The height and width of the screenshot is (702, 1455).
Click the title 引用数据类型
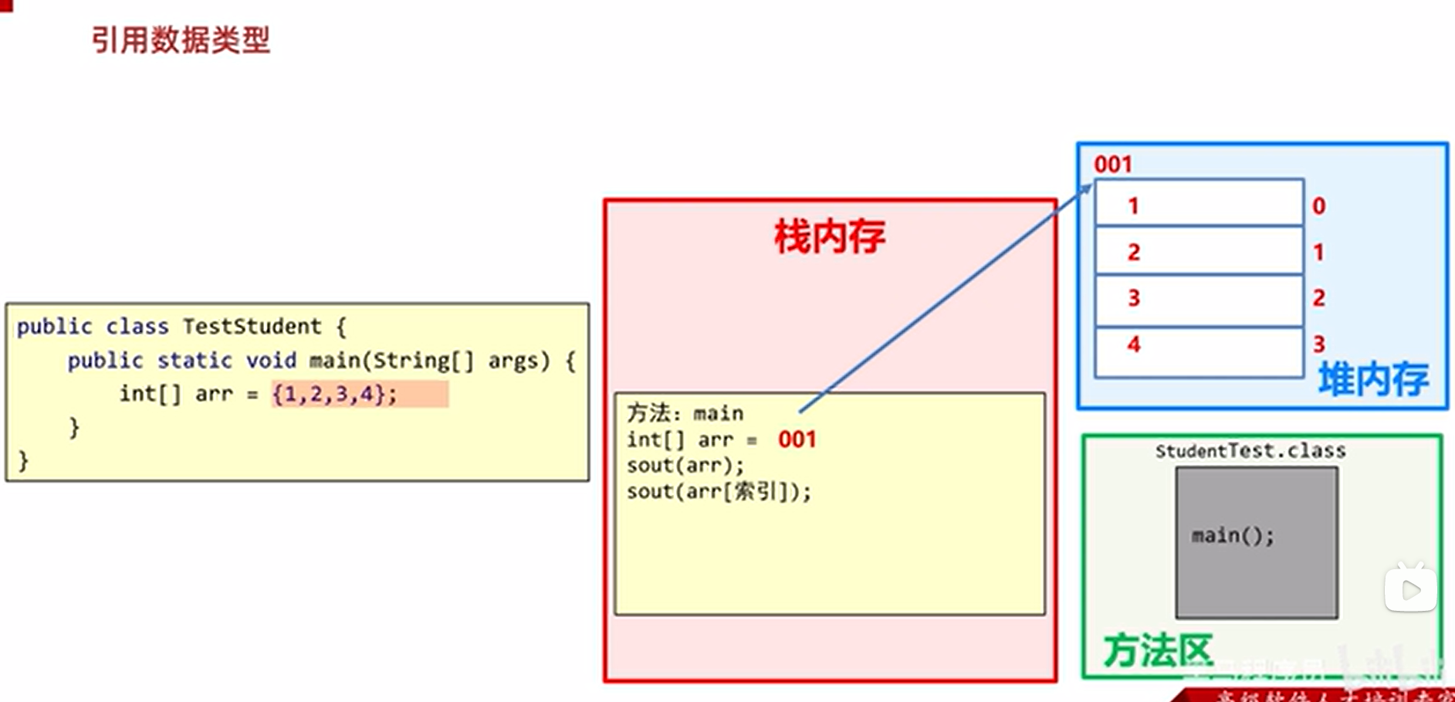click(181, 40)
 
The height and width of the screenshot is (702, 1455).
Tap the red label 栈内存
click(830, 236)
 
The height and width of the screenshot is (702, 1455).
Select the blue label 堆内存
click(1373, 379)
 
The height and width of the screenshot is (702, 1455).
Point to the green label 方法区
click(1158, 650)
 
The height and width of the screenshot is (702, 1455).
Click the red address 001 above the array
click(1113, 164)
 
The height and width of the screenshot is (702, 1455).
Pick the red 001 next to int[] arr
click(797, 439)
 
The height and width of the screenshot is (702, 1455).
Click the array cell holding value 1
click(1199, 205)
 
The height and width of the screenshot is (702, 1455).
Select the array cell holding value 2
click(1199, 252)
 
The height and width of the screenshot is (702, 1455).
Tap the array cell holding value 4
click(1199, 345)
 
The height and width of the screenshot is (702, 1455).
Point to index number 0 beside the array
click(1319, 206)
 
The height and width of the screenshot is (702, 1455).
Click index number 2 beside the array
click(1319, 298)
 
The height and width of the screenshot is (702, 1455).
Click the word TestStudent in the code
click(252, 327)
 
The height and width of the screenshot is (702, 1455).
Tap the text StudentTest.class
click(1250, 451)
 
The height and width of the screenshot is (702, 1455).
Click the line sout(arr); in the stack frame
click(685, 466)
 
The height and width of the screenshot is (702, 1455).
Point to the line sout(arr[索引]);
click(719, 492)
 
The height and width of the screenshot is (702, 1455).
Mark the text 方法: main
click(685, 414)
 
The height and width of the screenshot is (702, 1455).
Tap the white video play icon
click(1410, 590)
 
